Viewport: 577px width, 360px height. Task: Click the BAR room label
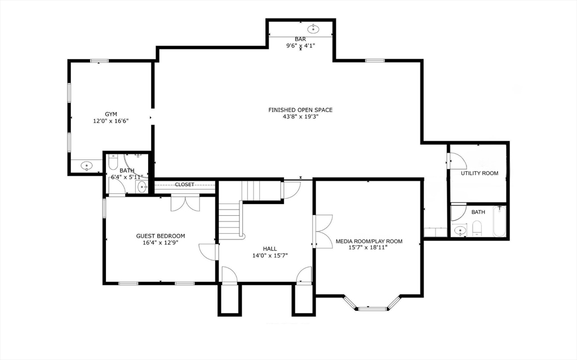pos(300,39)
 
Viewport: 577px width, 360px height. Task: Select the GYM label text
pos(110,114)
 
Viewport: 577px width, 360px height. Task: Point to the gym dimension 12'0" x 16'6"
pos(110,121)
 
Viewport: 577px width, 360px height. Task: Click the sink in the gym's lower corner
pos(86,166)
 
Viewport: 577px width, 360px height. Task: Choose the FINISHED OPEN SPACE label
pos(300,110)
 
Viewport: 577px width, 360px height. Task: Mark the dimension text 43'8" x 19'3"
pos(300,117)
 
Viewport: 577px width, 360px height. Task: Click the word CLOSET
pos(184,184)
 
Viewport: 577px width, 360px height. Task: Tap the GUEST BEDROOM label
pos(161,236)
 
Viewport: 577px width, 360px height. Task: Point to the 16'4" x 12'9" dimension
pos(161,243)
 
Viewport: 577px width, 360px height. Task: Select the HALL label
pos(270,248)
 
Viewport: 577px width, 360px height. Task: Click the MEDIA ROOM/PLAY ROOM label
pos(369,241)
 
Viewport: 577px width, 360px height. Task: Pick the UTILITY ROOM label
pos(480,173)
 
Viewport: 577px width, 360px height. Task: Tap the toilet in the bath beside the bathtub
pos(476,228)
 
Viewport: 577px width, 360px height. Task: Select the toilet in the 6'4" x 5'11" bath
pos(112,163)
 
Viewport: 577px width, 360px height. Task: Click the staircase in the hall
pos(230,220)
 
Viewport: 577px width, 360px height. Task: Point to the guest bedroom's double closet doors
pos(185,203)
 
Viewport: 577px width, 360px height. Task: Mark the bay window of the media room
pos(372,307)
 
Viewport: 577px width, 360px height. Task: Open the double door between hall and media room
pos(323,231)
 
